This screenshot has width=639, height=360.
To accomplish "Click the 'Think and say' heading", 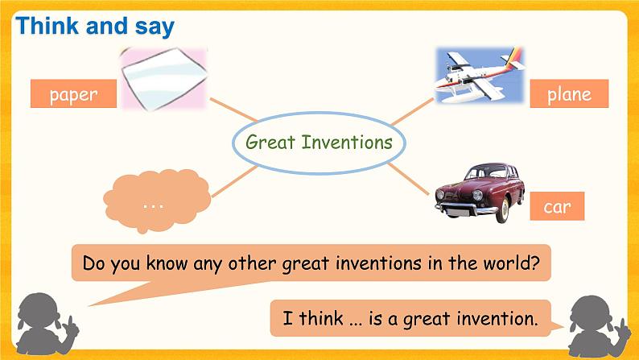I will (95, 26).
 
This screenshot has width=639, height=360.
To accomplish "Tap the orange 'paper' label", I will (73, 94).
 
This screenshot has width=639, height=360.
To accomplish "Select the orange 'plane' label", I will (569, 94).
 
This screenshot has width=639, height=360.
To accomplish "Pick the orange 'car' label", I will (557, 207).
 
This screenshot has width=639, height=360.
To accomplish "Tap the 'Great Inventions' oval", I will (319, 143).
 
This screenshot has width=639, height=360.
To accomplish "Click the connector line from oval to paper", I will (233, 112).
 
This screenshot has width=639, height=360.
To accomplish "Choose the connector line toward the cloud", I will (234, 180).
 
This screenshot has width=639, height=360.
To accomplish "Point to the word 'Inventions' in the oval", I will (347, 143).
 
